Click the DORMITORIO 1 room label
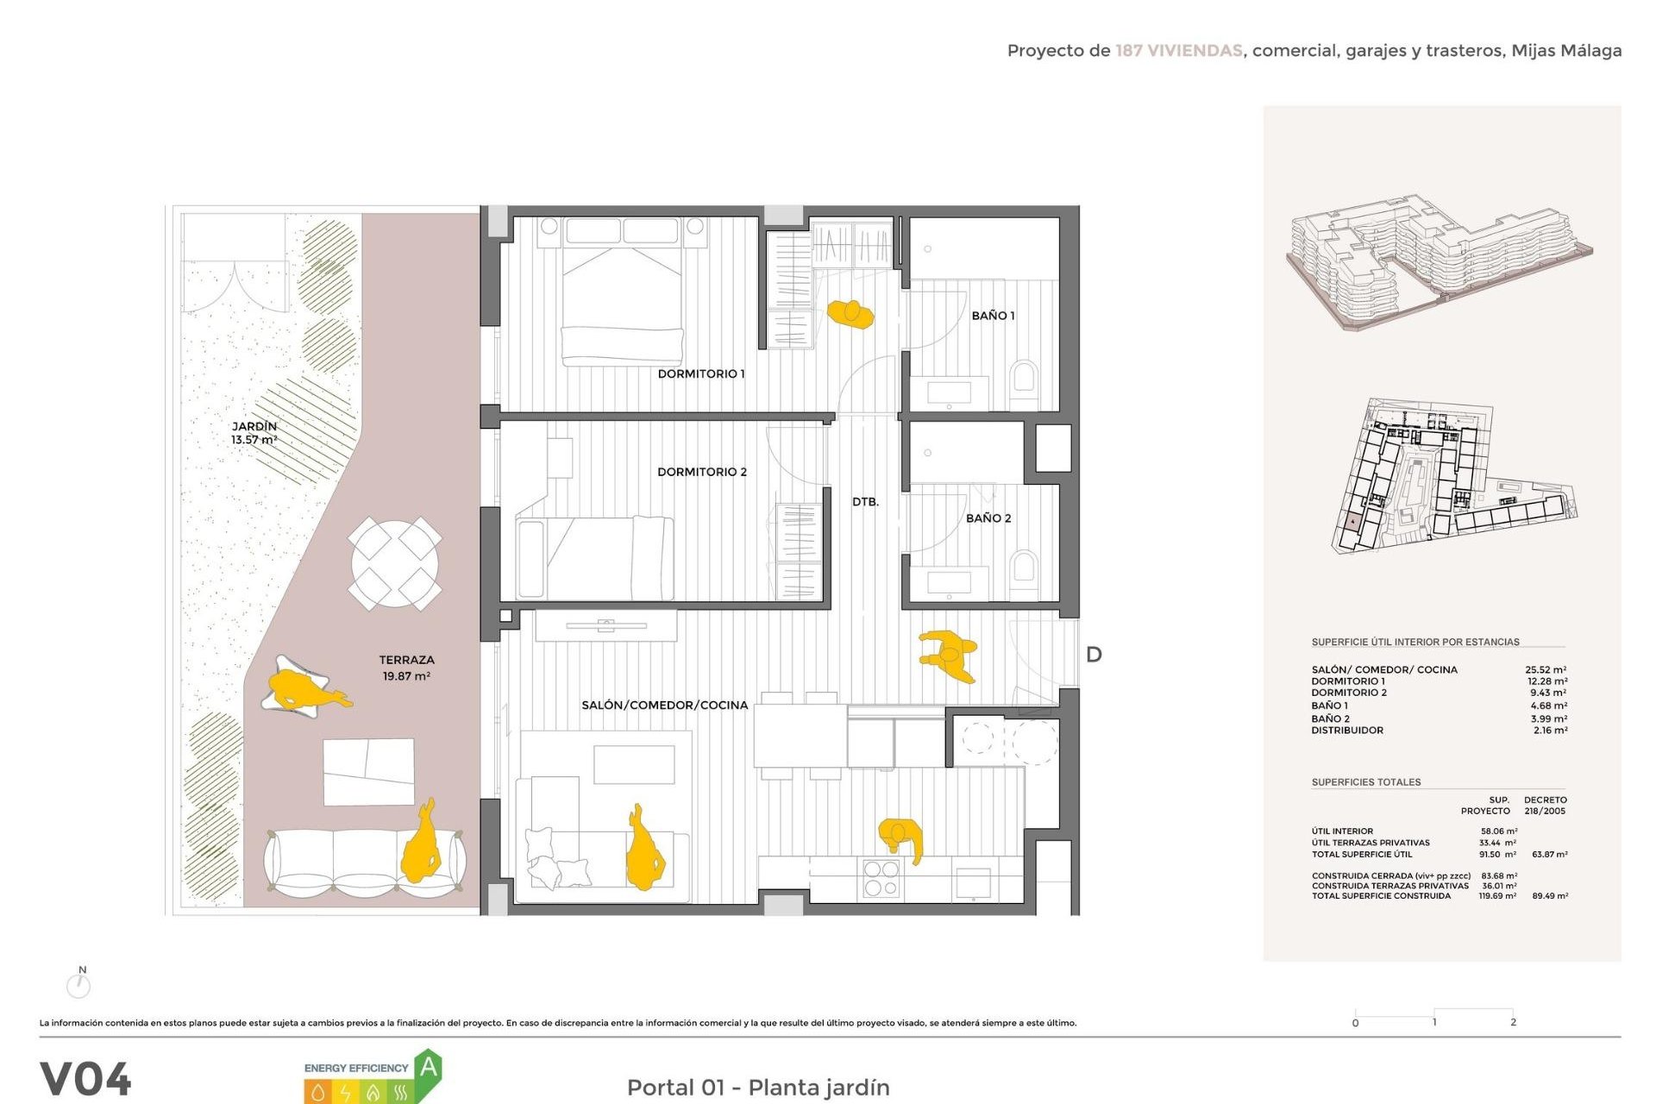click(700, 373)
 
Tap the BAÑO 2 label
click(988, 517)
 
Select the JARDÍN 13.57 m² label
click(254, 433)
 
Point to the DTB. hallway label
click(865, 501)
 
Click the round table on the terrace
click(395, 563)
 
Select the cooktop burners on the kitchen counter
click(881, 878)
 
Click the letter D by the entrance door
click(1094, 655)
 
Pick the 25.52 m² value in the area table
click(1546, 669)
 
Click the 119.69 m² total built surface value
click(1497, 895)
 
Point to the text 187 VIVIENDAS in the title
click(1178, 51)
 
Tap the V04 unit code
click(85, 1078)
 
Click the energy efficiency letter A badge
click(429, 1069)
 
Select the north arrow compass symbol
click(78, 983)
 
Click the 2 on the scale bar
click(1513, 1022)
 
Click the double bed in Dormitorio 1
click(623, 293)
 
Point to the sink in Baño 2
click(949, 582)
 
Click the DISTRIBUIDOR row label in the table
click(1347, 730)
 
